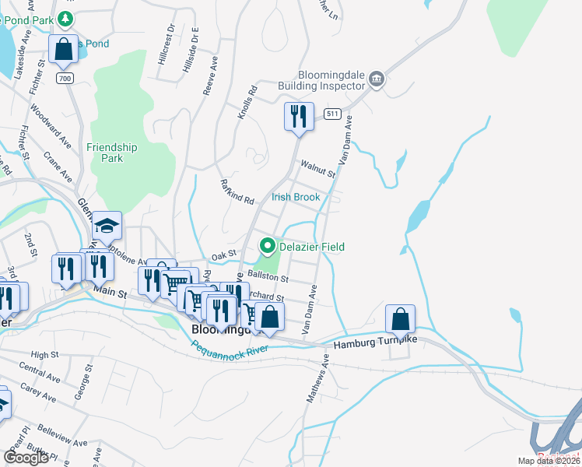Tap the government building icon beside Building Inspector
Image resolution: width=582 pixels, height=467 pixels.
[x=377, y=78]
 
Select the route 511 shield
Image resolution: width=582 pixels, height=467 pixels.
[x=333, y=114]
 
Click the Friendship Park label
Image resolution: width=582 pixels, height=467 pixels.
[x=112, y=153]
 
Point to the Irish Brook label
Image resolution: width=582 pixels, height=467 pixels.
[x=296, y=197]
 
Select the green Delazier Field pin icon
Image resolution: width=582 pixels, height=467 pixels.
[x=268, y=247]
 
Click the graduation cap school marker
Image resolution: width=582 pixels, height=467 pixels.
[x=107, y=226]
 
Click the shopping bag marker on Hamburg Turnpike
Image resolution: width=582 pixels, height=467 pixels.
[x=400, y=319]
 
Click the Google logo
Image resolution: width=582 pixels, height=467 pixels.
[x=26, y=458]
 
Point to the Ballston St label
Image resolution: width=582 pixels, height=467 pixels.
[x=268, y=276]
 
